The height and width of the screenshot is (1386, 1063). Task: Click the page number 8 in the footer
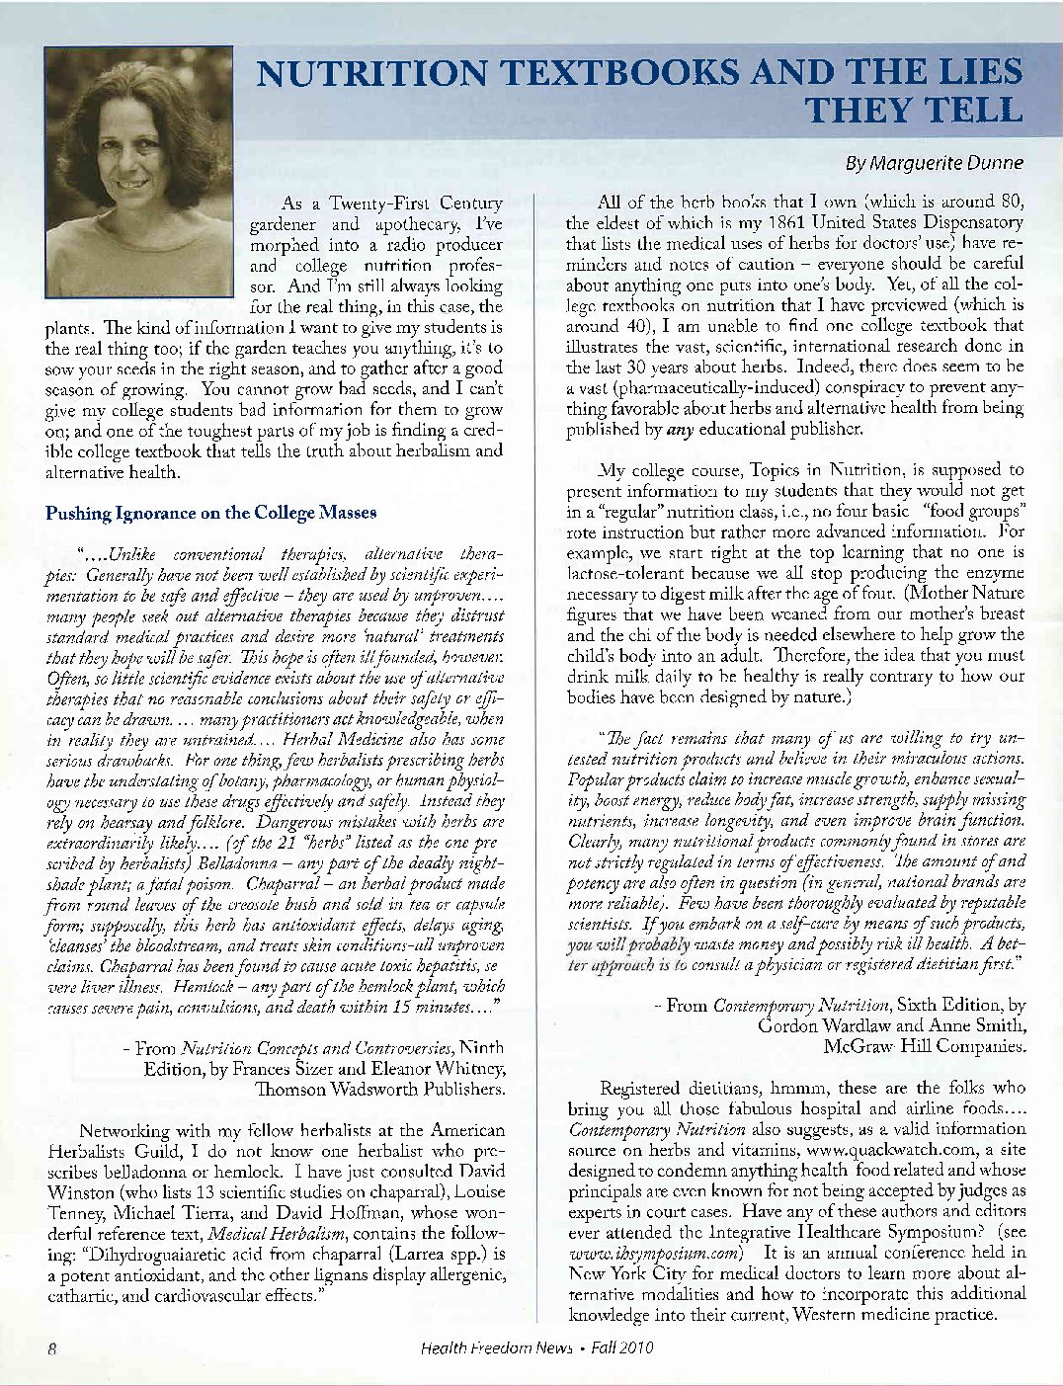[x=48, y=1347]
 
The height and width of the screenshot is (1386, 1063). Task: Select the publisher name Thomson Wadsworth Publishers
[x=381, y=1089]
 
